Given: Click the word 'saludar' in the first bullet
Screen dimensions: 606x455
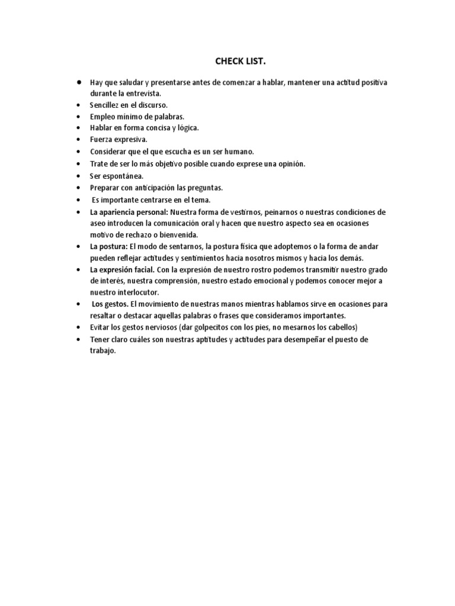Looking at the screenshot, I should click(130, 83).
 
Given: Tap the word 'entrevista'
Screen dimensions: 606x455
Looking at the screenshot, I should click(142, 94).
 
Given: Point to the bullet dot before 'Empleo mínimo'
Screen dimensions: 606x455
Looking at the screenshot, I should click(78, 116).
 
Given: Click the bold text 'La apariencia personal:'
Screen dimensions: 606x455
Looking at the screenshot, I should click(129, 212).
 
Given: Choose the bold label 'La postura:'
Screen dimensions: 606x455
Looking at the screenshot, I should click(108, 247).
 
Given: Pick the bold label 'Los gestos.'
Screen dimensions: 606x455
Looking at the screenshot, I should click(110, 304).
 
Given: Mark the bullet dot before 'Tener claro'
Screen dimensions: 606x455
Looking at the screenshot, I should click(78, 339).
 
